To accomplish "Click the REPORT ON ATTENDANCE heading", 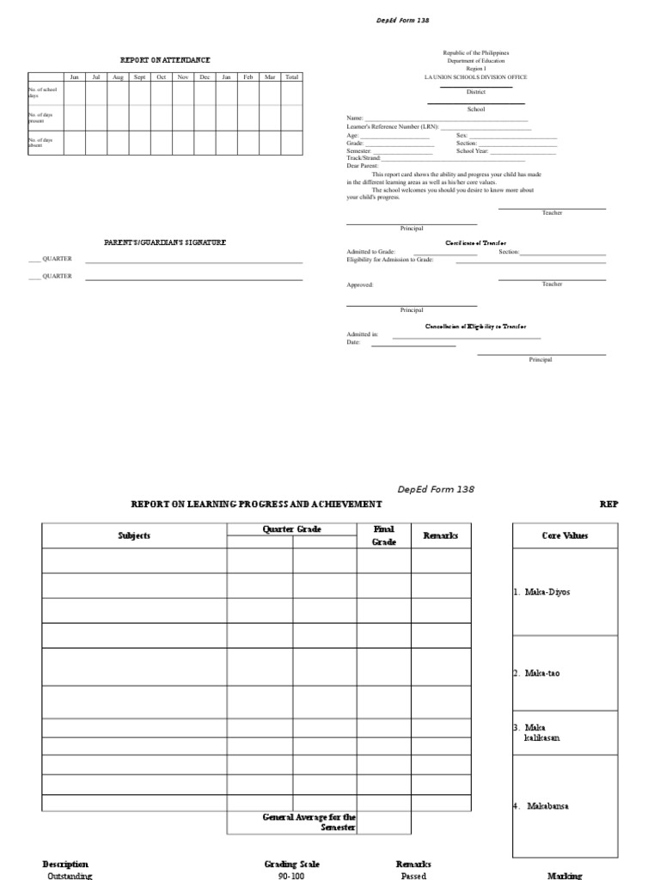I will [165, 60].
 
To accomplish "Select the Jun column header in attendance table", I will [74, 77].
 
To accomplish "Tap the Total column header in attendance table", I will [292, 77].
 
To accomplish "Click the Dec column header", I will [205, 77].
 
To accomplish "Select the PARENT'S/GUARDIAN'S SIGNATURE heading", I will [165, 243].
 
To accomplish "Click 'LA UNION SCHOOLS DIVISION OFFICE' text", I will [475, 77].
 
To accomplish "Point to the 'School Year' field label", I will [472, 150].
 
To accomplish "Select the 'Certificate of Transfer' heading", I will [475, 243].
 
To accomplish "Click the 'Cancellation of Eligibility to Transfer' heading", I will [475, 327].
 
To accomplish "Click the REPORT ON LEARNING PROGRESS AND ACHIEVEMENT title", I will [256, 504].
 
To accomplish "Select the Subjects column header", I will [134, 535].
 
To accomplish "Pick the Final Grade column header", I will [383, 535].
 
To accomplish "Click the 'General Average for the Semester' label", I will [309, 822].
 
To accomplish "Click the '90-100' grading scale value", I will [291, 875].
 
